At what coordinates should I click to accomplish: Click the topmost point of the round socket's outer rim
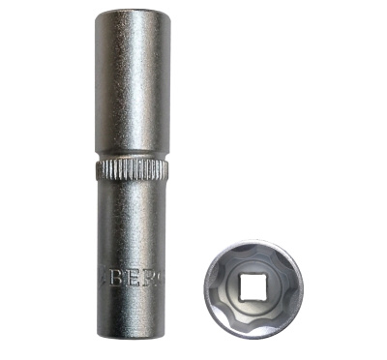point(254,239)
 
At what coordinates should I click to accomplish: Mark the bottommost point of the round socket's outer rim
point(254,336)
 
